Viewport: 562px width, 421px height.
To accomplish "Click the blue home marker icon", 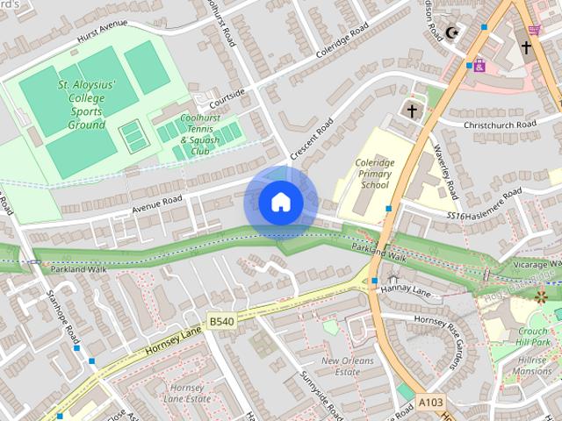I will pyautogui.click(x=280, y=203).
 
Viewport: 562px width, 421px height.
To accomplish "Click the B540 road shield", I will pyautogui.click(x=221, y=322).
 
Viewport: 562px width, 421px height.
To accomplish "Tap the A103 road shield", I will pyautogui.click(x=429, y=403).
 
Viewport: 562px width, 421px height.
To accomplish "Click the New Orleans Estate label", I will pyautogui.click(x=348, y=366).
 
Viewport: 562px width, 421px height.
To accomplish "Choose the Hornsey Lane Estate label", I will pyautogui.click(x=188, y=392).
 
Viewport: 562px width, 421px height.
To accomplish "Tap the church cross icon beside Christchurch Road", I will pyautogui.click(x=411, y=111).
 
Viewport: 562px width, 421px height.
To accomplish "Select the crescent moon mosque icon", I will pyautogui.click(x=453, y=33).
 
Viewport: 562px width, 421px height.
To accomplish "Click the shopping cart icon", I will pyautogui.click(x=533, y=31).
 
